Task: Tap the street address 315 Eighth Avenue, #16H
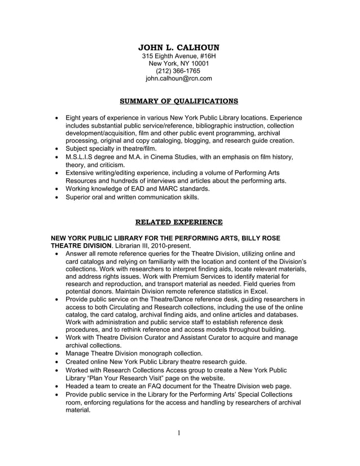point(178,56)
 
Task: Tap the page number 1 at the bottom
point(178,433)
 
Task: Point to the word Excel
point(276,291)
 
